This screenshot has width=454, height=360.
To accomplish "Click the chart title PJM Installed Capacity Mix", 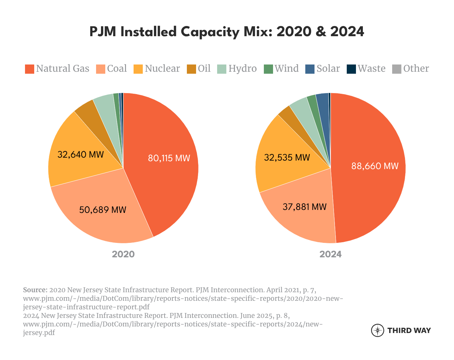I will tap(227, 32).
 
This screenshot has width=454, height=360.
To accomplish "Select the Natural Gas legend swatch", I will tap(30, 69).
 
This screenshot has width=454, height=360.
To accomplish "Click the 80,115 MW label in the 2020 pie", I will tap(169, 158).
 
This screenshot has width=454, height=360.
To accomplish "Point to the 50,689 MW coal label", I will tap(103, 210).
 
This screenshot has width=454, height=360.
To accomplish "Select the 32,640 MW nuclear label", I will tap(81, 154).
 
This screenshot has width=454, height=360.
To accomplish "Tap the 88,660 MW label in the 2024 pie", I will tap(375, 166).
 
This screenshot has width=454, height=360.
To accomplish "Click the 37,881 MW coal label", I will tap(305, 207).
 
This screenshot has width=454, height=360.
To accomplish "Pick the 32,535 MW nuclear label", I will tap(287, 158).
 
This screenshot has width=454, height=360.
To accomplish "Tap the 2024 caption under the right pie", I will tap(331, 254).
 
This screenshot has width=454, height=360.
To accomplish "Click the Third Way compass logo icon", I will tap(377, 330).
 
